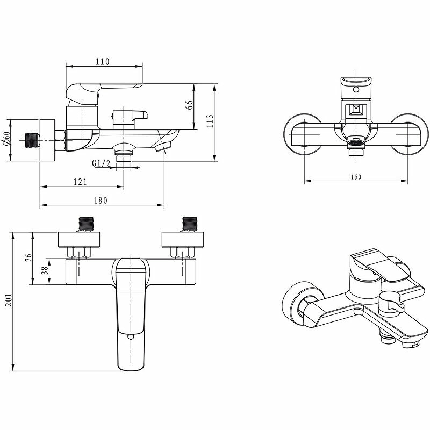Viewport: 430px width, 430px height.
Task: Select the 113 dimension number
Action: click(x=210, y=121)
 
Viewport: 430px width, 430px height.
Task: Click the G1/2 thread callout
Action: click(x=101, y=163)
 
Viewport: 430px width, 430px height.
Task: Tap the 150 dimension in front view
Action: click(x=355, y=177)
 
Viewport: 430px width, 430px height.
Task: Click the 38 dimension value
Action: click(x=45, y=271)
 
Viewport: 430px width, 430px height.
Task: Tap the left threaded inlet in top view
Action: click(x=85, y=223)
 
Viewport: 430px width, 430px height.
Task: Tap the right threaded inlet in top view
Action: click(x=190, y=223)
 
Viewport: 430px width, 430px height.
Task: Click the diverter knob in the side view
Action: click(x=129, y=115)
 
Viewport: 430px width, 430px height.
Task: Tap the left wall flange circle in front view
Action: click(x=302, y=132)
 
